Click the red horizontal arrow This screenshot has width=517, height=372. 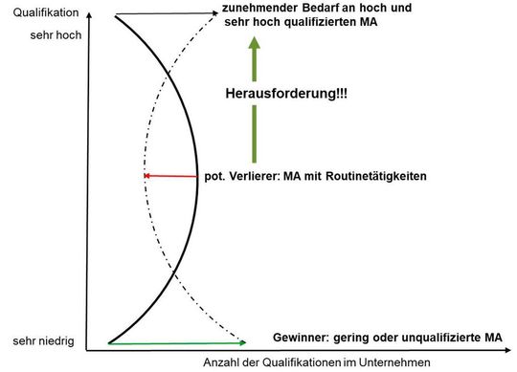point(172,177)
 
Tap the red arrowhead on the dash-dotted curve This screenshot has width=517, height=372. point(146,177)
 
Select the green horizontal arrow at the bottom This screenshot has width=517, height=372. point(177,342)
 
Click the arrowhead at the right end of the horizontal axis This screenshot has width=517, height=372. point(512,349)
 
